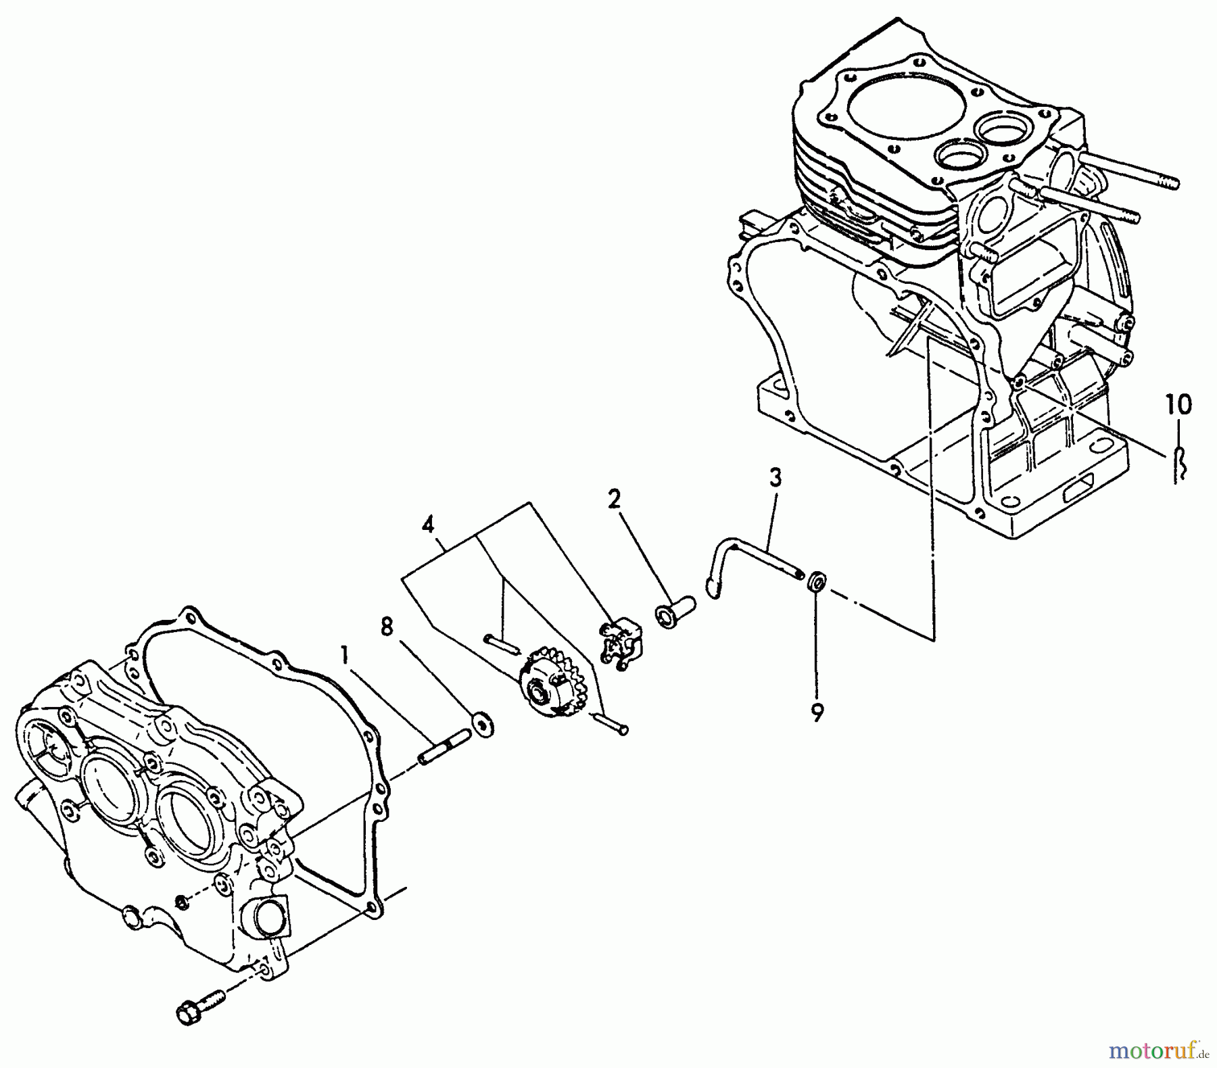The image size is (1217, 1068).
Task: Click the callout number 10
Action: tap(1178, 406)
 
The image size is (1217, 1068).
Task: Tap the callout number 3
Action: tap(775, 478)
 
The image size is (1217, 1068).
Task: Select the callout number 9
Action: tap(817, 712)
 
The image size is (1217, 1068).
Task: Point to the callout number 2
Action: tap(614, 500)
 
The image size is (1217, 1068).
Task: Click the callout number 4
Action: tap(427, 525)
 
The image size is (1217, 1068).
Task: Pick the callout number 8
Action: tap(386, 627)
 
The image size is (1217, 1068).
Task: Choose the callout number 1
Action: tap(345, 654)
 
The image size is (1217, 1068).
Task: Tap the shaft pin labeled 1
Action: tap(444, 747)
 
